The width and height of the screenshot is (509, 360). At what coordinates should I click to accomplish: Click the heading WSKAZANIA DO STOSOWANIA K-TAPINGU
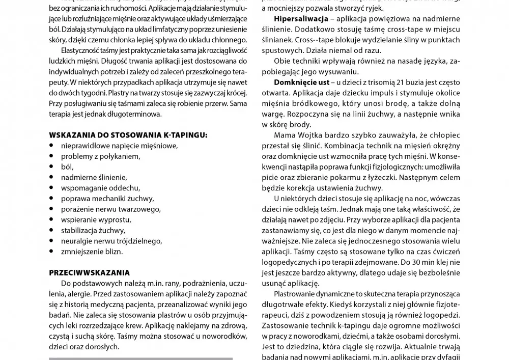[x=128, y=135]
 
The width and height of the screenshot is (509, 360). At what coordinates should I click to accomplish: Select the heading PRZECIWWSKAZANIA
[x=89, y=272]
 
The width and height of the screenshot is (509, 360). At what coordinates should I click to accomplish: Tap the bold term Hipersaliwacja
[x=300, y=19]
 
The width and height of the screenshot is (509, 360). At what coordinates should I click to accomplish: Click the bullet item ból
[x=67, y=167]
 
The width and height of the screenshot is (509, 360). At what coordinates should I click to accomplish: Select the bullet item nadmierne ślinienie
[x=94, y=177]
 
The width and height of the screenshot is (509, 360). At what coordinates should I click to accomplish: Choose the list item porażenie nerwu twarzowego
[x=110, y=209]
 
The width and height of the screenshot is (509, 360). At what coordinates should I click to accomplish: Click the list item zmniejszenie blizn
[x=92, y=251]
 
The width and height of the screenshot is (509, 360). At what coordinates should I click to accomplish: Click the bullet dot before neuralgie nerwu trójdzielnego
[x=52, y=240]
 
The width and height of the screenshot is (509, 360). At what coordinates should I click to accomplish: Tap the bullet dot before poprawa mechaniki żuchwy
[x=52, y=198]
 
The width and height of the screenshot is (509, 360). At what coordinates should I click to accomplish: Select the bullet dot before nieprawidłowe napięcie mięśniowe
[x=52, y=145]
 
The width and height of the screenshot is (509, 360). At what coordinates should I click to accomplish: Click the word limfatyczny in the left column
[x=136, y=30]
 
